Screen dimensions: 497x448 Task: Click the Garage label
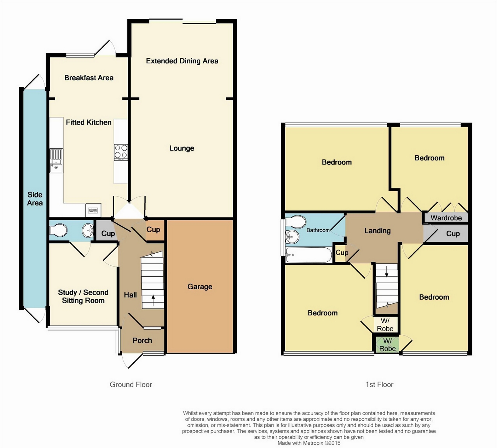[x=200, y=287]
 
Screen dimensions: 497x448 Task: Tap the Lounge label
[x=182, y=148]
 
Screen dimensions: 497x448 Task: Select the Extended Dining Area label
[x=182, y=61]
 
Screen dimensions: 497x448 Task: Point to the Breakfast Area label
[x=89, y=78]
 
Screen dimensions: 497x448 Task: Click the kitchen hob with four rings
[x=121, y=152]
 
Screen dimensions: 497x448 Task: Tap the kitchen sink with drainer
[x=56, y=160]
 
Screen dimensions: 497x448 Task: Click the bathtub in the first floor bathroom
[x=308, y=255]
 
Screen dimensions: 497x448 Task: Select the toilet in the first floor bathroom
[x=295, y=221]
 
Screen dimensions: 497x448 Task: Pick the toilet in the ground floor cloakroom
[x=58, y=230]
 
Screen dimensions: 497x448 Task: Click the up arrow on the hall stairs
[x=153, y=300]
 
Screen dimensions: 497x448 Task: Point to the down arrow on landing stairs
[x=387, y=272]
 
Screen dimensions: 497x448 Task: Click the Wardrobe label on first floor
[x=446, y=218]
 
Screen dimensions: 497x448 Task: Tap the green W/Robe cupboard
[x=388, y=345]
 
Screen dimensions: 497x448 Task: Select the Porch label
[x=142, y=341]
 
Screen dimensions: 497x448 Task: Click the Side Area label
[x=35, y=199]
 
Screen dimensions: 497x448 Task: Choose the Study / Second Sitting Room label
[x=83, y=296]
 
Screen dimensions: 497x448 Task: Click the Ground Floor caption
[x=131, y=384]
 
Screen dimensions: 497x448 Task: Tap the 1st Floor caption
[x=380, y=384]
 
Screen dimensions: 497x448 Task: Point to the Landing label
[x=377, y=231]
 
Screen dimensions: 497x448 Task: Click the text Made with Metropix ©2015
[x=309, y=443]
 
